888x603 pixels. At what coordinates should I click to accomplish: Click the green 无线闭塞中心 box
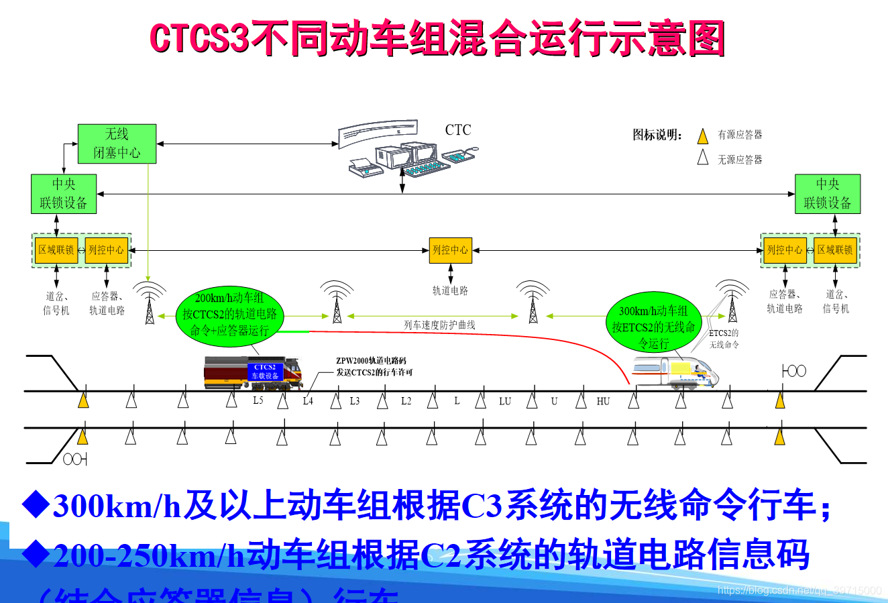(x=117, y=144)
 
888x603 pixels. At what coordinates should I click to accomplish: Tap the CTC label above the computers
(x=458, y=130)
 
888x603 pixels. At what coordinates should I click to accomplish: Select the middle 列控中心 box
(x=451, y=250)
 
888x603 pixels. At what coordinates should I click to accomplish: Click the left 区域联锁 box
(x=56, y=250)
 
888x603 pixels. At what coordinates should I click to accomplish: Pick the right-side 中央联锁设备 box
(x=827, y=194)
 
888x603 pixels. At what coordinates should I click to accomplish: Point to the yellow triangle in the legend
(x=702, y=136)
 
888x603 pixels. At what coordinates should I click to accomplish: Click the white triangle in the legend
(x=702, y=158)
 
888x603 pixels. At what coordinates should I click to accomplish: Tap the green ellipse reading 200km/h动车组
(x=230, y=315)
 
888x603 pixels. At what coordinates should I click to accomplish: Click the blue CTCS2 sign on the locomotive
(x=264, y=372)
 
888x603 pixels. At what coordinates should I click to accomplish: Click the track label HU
(x=603, y=401)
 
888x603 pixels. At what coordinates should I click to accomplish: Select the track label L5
(x=258, y=400)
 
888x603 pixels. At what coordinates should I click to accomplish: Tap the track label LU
(x=505, y=401)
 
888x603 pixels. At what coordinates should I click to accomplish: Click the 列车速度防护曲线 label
(x=439, y=325)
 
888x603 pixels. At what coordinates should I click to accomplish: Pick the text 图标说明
(x=657, y=135)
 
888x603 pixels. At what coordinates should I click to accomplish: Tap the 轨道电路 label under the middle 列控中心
(x=451, y=290)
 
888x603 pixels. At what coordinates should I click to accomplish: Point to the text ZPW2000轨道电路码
(x=371, y=361)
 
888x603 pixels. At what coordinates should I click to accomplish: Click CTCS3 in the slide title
(x=199, y=38)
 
